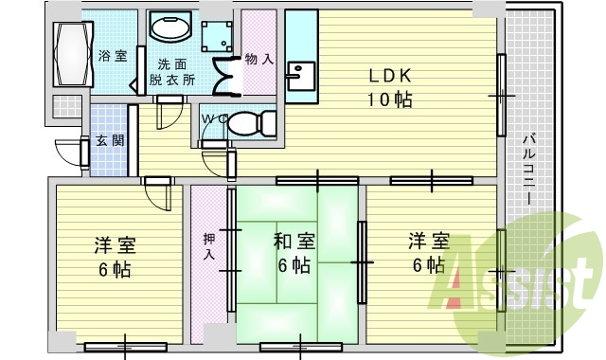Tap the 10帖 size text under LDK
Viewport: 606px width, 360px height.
pyautogui.click(x=389, y=100)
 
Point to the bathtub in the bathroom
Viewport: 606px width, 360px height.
pyautogui.click(x=71, y=54)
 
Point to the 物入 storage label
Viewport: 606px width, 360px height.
pyautogui.click(x=258, y=59)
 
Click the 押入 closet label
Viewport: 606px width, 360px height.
pyautogui.click(x=208, y=246)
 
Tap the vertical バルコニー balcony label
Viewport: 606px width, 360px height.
pyautogui.click(x=527, y=171)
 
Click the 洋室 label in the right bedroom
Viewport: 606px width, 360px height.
pyautogui.click(x=429, y=242)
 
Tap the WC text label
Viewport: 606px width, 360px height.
pyautogui.click(x=213, y=118)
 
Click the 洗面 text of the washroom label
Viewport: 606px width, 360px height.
pyautogui.click(x=171, y=64)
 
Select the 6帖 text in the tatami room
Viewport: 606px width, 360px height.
pyautogui.click(x=294, y=265)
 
